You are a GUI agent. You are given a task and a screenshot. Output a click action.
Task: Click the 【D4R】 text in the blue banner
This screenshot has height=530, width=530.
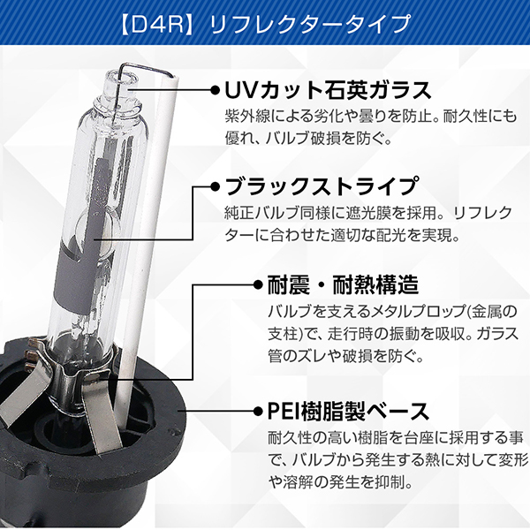[x=156, y=25]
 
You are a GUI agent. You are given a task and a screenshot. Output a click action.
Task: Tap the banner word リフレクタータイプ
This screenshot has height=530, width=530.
[x=310, y=25]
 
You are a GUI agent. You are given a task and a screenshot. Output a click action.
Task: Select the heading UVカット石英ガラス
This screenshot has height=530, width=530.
[x=328, y=90]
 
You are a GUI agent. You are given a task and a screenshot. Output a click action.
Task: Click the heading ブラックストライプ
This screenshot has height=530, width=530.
[x=321, y=185]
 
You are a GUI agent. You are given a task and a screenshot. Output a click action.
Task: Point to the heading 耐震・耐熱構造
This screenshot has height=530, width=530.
[x=343, y=284]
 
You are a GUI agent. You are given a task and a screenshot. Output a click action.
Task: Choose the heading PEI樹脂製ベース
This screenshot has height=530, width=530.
[x=348, y=411]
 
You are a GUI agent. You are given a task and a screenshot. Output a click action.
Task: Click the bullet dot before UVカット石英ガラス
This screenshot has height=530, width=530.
[x=215, y=90]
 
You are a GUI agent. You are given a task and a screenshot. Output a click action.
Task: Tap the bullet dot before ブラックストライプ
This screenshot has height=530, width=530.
[x=215, y=186]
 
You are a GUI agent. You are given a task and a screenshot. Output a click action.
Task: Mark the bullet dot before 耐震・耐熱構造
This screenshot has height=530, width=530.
[x=258, y=284]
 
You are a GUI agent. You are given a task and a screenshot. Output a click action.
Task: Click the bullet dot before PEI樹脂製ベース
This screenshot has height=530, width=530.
[x=258, y=411]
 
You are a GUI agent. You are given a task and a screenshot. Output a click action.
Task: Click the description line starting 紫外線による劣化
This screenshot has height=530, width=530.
[x=371, y=116]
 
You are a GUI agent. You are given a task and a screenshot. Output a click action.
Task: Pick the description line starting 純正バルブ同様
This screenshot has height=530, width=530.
[x=368, y=213]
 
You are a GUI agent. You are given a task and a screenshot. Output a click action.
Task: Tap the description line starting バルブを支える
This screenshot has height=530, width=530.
[x=392, y=311]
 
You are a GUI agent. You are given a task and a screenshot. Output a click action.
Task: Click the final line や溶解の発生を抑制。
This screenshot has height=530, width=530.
[x=340, y=482]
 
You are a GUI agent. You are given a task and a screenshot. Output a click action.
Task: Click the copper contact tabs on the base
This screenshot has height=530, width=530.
[x=33, y=356]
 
